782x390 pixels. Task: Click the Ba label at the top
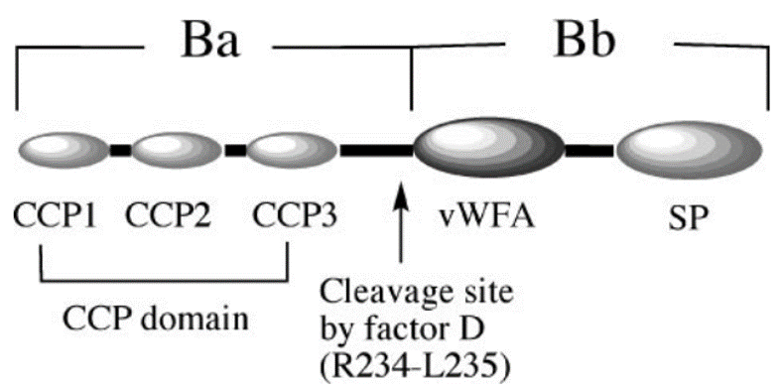[x=209, y=41]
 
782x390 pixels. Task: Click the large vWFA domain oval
[x=488, y=150]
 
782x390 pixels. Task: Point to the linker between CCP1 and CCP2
[x=120, y=151]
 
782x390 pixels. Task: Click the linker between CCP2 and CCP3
[x=235, y=151]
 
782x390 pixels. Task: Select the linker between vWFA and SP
[x=589, y=151]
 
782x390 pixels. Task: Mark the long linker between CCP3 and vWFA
[x=376, y=151]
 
